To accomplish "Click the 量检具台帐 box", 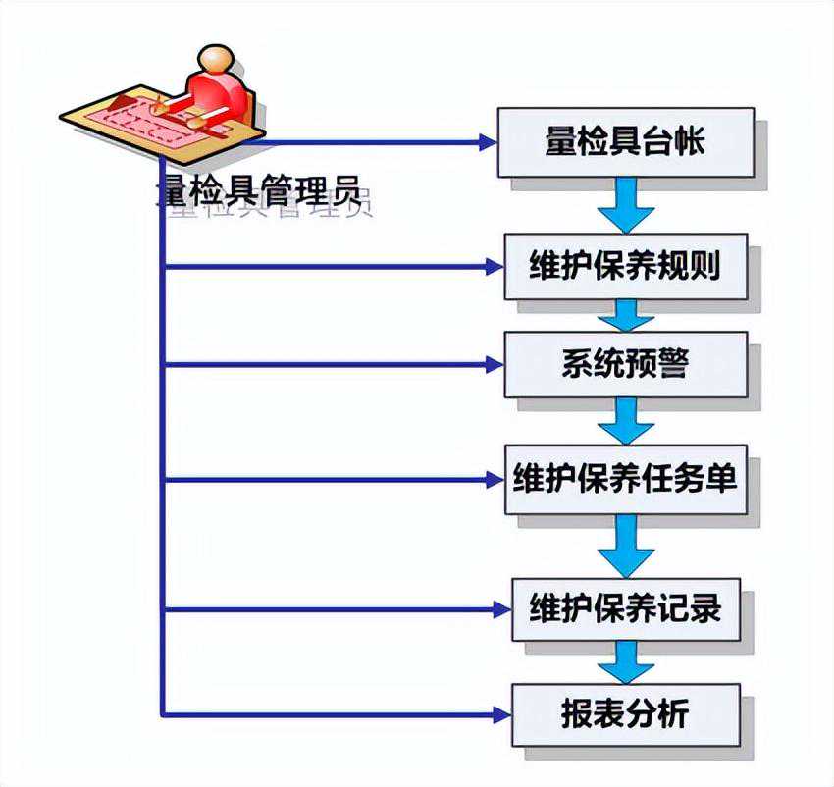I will [625, 142].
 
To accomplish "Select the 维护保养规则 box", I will [626, 266].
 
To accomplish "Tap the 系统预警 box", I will [625, 364].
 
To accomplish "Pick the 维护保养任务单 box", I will [625, 480].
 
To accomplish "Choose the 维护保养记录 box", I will [625, 609].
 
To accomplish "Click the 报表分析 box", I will [625, 713].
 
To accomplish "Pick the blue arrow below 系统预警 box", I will [625, 420].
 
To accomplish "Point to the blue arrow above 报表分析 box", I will [625, 661].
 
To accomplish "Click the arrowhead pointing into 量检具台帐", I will [488, 143].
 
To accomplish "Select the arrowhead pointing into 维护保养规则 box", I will [494, 266].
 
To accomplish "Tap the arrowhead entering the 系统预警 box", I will [494, 365].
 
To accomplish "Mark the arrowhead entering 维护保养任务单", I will [494, 480].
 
